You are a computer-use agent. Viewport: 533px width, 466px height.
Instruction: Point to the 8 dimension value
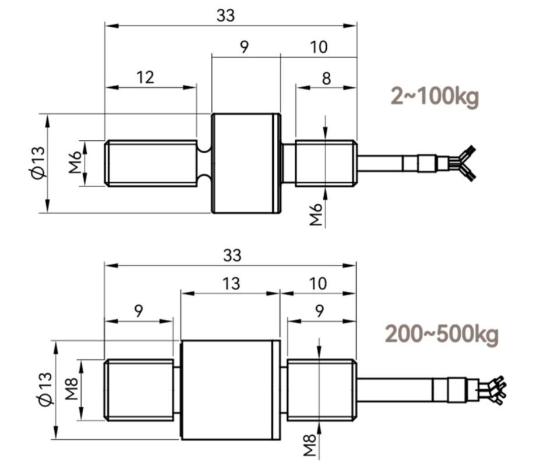326,77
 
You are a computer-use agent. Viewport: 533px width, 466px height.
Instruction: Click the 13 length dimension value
231,283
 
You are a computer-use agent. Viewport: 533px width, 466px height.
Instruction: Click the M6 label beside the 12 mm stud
74,164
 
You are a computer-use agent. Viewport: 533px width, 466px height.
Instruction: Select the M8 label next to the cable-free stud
72,390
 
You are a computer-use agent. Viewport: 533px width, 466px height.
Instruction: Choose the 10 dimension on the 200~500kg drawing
318,283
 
